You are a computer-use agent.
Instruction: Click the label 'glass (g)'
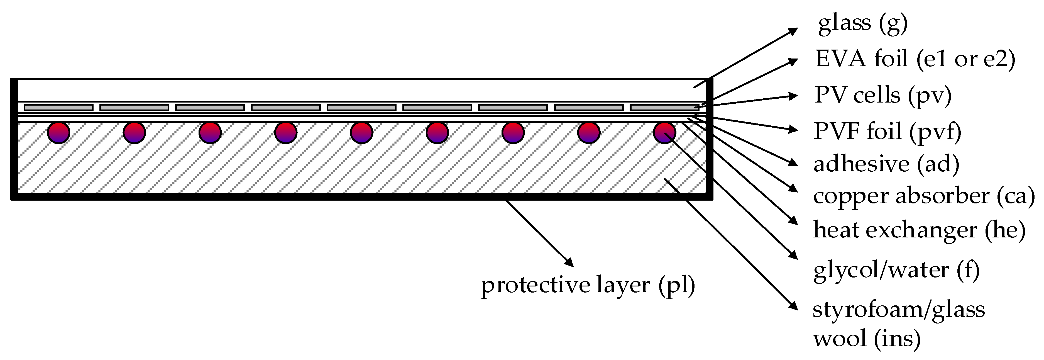(x=862, y=23)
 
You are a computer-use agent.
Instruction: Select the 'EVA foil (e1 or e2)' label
(x=915, y=59)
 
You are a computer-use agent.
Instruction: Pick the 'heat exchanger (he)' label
(x=919, y=230)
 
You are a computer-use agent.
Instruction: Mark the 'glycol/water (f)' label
(x=896, y=270)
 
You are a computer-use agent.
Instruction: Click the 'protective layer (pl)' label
(x=588, y=285)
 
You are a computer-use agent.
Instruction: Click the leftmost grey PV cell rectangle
(x=58, y=108)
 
